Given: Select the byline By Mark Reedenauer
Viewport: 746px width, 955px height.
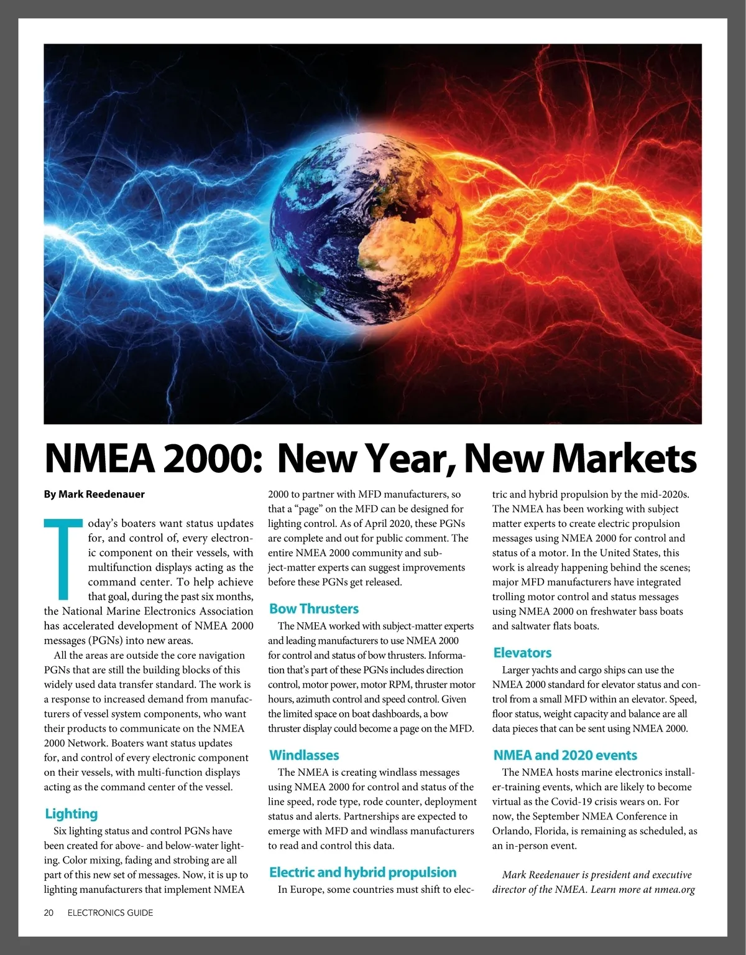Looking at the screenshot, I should click(94, 494).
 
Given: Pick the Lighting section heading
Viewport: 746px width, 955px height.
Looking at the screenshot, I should click(71, 814).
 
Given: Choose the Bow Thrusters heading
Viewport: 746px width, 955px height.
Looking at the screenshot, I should click(314, 608).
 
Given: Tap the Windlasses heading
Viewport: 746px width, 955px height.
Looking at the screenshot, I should click(304, 755).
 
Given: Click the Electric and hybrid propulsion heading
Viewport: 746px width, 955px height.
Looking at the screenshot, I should click(362, 872).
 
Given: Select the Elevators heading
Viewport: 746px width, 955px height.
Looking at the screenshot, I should click(522, 653).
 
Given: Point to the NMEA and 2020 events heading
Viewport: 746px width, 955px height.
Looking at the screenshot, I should click(565, 755).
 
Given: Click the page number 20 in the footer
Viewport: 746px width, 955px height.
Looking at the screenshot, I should click(49, 913).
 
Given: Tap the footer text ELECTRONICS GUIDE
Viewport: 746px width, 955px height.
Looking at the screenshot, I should click(110, 913).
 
